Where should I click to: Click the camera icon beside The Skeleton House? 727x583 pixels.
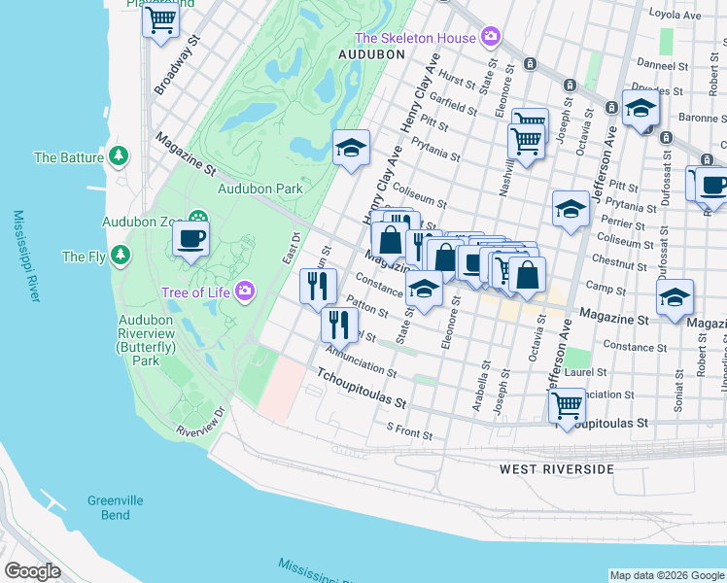pos(491,38)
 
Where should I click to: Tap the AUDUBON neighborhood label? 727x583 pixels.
pos(370,55)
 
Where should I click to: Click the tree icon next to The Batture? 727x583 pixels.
pos(119,156)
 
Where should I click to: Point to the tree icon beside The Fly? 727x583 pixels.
pos(120,257)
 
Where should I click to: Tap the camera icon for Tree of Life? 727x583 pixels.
pos(246,291)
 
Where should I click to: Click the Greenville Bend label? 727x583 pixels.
pos(116,507)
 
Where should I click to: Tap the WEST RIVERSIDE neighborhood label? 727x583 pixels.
pos(557,469)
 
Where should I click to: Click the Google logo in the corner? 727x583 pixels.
pos(33,571)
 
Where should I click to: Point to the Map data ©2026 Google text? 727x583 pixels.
pos(667,575)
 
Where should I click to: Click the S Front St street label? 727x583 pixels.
pos(408,428)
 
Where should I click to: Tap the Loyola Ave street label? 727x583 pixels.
pos(693,16)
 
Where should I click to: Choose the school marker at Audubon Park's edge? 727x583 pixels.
pos(351,148)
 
